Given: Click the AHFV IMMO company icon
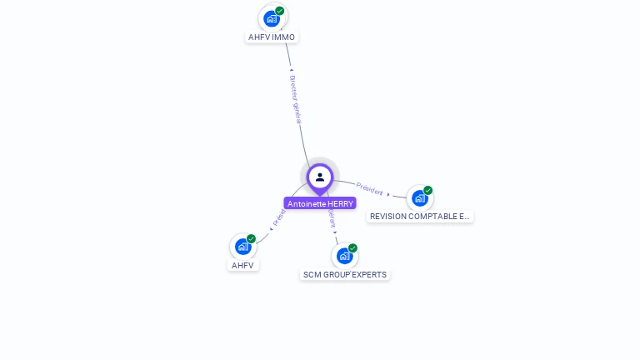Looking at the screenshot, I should point(271,18).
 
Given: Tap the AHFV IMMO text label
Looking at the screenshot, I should point(272,37).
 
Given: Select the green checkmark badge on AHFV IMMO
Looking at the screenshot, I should point(280,11).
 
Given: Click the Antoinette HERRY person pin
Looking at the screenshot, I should point(320,177).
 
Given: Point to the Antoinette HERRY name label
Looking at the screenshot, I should point(320,203).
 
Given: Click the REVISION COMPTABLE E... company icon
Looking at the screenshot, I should point(419,198).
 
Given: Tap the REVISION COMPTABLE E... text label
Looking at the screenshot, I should point(420,217).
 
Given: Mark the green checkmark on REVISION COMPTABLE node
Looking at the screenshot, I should point(428,190).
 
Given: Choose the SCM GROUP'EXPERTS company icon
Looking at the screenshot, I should point(344,256).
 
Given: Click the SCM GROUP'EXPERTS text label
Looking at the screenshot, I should point(345,275).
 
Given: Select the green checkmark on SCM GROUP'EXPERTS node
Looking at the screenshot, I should point(352,248).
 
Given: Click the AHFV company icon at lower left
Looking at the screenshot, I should point(242,247).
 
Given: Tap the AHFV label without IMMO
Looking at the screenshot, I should point(242,266).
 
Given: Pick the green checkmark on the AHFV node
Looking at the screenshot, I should point(251,239).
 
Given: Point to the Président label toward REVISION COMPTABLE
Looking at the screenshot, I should point(369,188).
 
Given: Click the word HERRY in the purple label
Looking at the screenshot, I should point(340,203).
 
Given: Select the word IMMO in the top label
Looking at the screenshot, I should point(283,37).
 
